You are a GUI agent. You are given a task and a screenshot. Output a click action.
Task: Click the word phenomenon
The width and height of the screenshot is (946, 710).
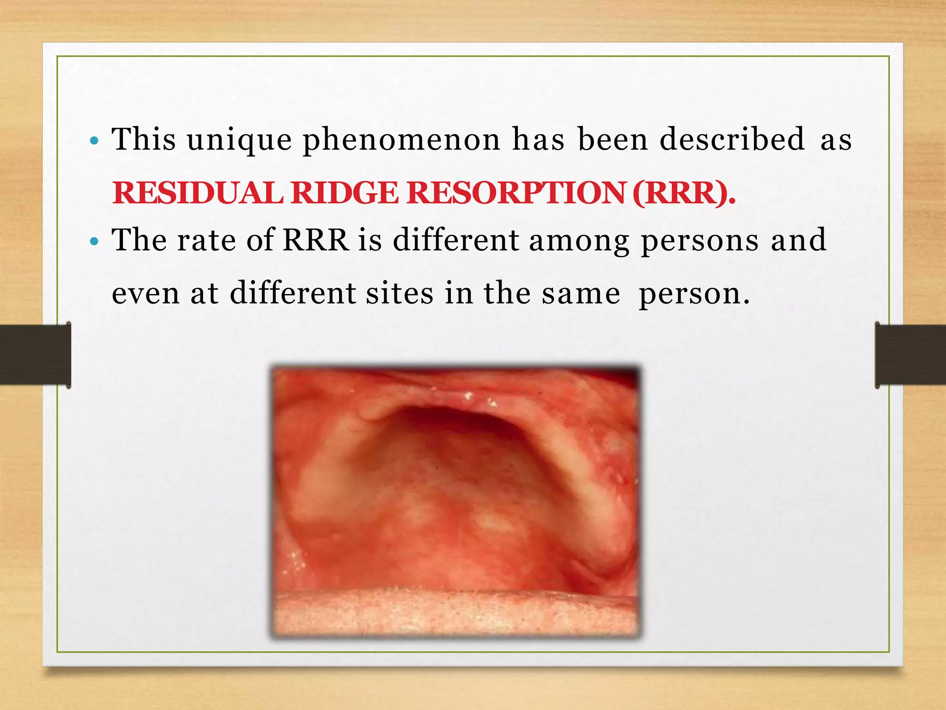401,140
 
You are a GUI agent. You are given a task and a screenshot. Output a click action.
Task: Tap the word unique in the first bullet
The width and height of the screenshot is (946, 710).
239,140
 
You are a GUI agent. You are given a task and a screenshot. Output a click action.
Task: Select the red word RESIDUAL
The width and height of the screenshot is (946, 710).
198,193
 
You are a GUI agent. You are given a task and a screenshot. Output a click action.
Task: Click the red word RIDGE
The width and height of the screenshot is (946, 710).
345,193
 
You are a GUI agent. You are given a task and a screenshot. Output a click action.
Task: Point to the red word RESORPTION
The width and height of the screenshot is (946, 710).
516,193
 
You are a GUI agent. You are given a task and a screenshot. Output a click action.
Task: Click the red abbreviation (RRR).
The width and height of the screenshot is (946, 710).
684,193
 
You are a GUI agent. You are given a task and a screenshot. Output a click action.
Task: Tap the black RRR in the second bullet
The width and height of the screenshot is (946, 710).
316,240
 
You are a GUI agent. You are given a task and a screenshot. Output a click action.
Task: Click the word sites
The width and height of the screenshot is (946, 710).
400,294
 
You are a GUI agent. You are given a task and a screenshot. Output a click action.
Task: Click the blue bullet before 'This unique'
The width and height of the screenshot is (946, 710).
94,141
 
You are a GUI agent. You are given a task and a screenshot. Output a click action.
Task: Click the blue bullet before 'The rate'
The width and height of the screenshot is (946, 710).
94,241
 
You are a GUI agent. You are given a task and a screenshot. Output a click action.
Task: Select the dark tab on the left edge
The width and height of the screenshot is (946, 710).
35,355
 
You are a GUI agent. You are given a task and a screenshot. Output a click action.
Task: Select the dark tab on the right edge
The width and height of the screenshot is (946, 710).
910,355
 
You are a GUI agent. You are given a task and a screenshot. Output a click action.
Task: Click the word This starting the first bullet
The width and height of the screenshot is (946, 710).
144,139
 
